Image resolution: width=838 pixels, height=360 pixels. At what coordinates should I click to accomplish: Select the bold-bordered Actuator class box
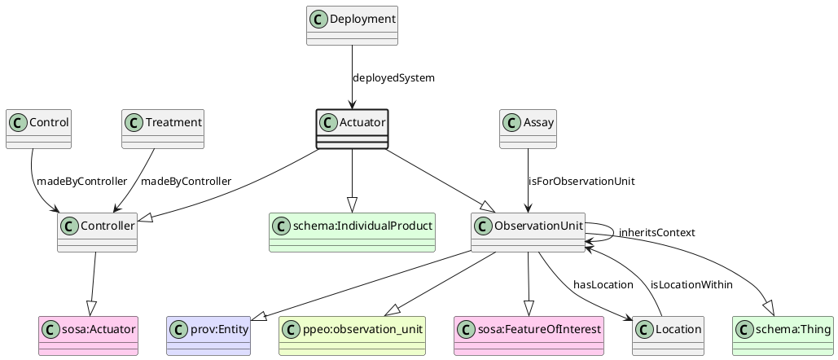(352, 130)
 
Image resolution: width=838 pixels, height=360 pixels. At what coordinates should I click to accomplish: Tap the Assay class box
(528, 130)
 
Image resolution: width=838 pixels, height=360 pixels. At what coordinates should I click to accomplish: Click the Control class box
(38, 130)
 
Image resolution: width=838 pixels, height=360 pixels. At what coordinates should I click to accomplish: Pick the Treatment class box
(162, 130)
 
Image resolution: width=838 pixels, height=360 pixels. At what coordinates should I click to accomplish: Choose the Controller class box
(97, 233)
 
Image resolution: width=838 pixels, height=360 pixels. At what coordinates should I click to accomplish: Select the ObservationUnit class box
(528, 233)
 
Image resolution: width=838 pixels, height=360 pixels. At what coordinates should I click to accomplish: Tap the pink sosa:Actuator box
(88, 336)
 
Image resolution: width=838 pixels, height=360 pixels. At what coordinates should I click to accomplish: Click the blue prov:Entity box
(208, 336)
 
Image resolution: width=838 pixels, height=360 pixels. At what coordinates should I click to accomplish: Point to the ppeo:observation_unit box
(352, 336)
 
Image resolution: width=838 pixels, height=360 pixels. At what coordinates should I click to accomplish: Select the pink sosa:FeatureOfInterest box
(528, 336)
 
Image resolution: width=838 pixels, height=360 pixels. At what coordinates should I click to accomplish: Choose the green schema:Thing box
(783, 336)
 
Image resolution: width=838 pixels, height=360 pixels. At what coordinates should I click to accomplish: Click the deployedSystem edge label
(393, 78)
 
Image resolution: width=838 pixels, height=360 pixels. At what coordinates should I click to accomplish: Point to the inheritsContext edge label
(656, 233)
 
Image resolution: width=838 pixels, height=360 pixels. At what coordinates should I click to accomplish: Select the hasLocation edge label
(603, 284)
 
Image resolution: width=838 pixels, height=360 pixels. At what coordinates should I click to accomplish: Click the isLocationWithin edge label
(691, 284)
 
